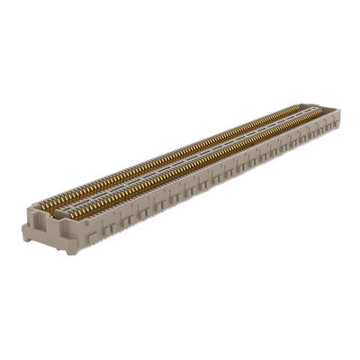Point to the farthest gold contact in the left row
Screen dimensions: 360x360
[x=298, y=107]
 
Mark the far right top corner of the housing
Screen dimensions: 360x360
[x=339, y=110]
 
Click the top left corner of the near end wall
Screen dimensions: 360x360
[x=24, y=215]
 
